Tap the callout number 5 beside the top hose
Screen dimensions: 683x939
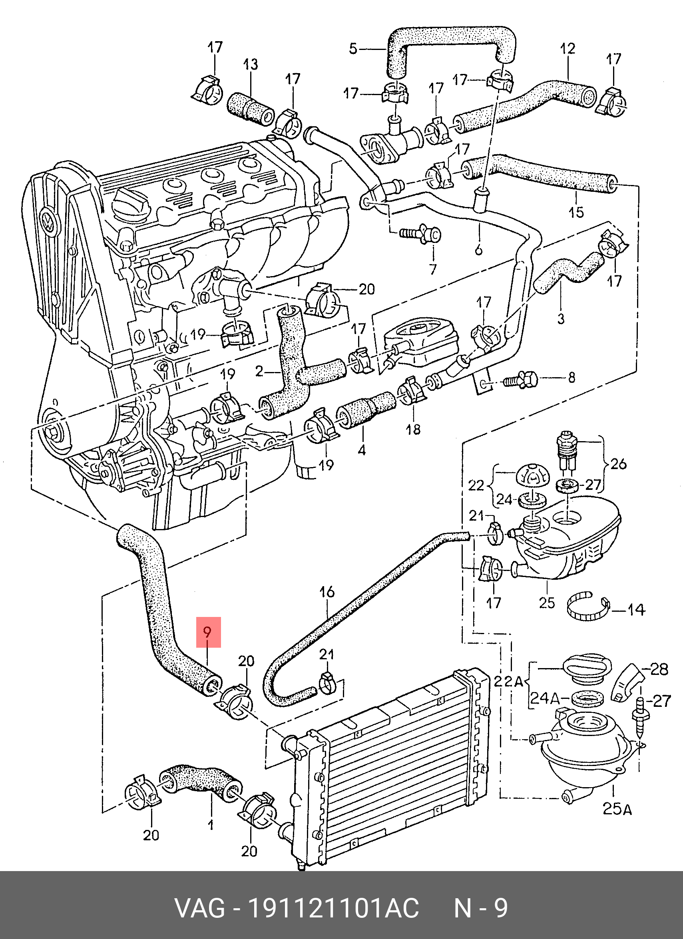pos(353,49)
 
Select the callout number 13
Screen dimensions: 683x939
pos(250,64)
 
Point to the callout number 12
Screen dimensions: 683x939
pos(568,48)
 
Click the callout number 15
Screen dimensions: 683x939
pos(576,212)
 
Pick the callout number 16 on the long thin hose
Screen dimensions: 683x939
pos(327,592)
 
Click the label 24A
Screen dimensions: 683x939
pos(545,711)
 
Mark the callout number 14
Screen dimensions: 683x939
pos(636,609)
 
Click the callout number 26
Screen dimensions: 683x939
pos(618,464)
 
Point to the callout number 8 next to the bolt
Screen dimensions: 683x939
pos(571,377)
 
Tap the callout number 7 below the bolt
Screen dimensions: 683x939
pos(433,269)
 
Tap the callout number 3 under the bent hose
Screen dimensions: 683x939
pos(561,318)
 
